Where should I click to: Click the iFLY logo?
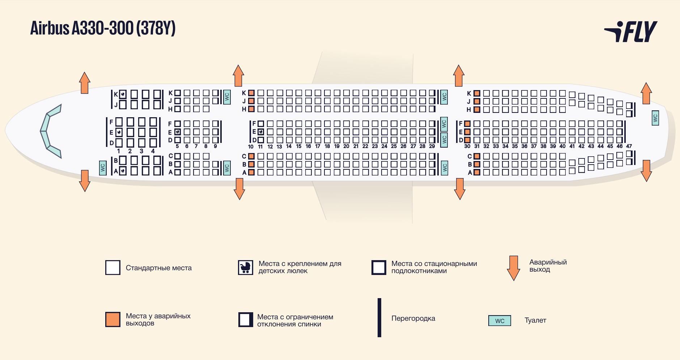(x=630, y=31)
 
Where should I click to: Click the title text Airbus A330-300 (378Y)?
(x=103, y=28)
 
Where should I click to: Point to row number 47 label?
(x=629, y=146)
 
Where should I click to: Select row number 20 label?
(x=346, y=146)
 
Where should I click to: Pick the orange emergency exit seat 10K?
(x=251, y=93)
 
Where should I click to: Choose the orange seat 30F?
(x=467, y=124)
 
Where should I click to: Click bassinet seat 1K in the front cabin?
(x=123, y=94)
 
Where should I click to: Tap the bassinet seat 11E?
(x=260, y=132)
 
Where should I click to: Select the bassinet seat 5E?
(x=177, y=132)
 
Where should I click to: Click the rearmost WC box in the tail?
(x=655, y=118)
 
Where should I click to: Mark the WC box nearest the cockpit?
(x=103, y=168)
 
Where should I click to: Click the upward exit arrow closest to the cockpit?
(x=85, y=83)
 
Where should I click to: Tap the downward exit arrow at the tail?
(x=646, y=171)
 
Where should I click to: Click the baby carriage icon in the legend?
(x=246, y=268)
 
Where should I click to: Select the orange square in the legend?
(x=113, y=319)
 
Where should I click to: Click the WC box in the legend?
(x=500, y=321)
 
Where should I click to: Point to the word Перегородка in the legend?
(x=413, y=318)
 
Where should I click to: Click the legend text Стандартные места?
(x=159, y=268)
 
